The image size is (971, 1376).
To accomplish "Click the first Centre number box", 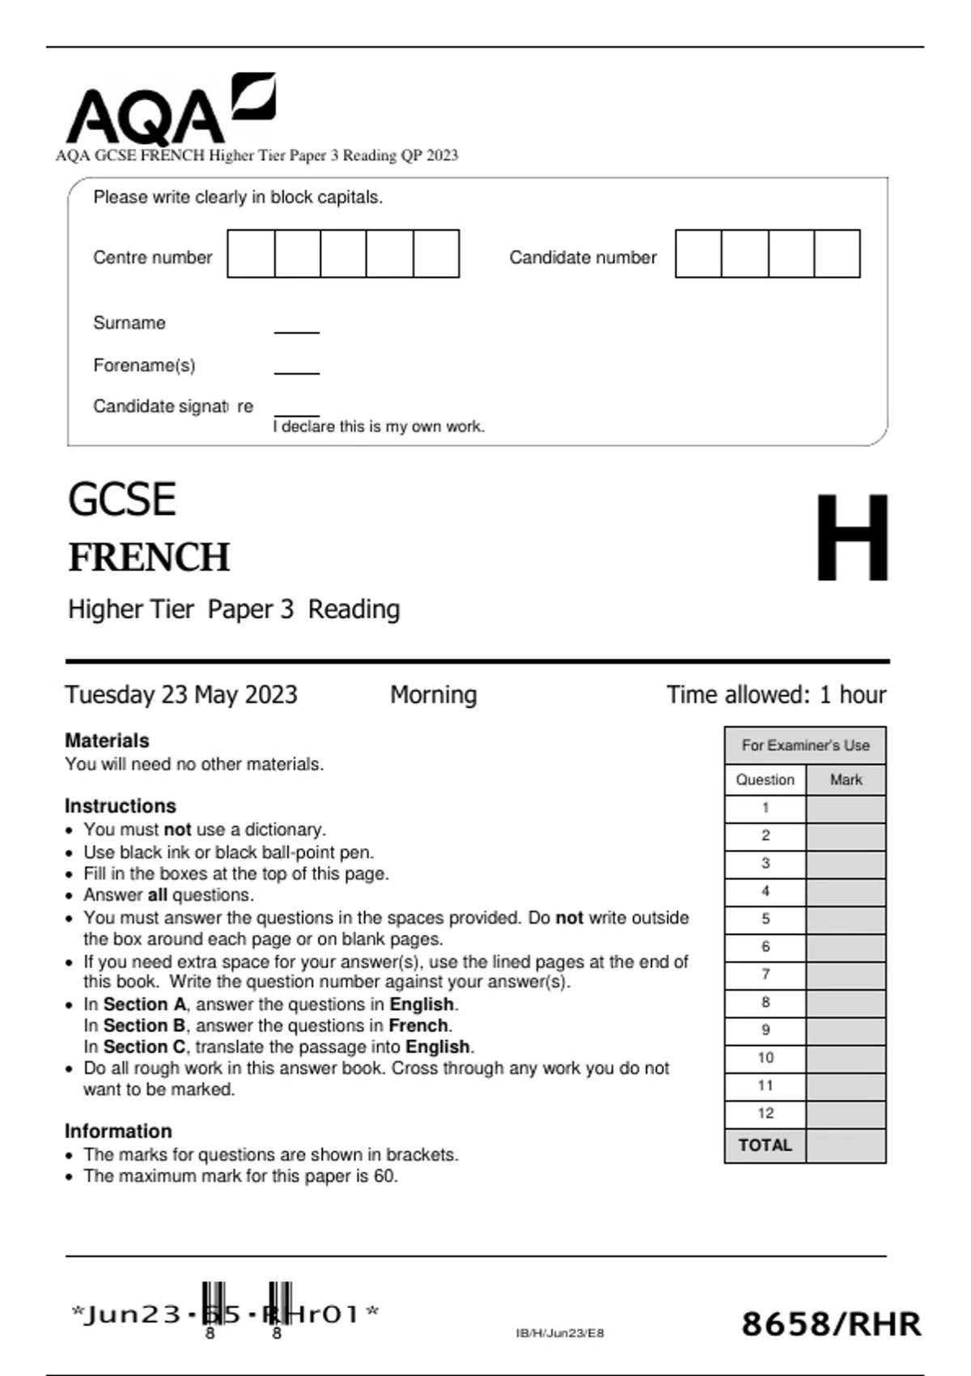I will (251, 254).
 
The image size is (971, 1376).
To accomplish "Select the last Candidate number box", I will (837, 254).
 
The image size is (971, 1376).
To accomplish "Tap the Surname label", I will (129, 323).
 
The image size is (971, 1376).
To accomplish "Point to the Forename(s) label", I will (144, 365).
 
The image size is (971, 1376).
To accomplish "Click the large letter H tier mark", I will (851, 537).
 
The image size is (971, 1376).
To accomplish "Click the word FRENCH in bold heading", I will (150, 558).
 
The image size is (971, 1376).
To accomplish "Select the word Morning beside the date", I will (434, 694).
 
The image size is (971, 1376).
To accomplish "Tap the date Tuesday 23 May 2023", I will (181, 694).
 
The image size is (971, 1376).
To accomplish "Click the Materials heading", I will (107, 741).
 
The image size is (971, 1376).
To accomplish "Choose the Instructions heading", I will (121, 806).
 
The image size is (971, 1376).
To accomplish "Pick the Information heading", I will (118, 1131).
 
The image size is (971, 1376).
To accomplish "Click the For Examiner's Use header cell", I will (805, 745).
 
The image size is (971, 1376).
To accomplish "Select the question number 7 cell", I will (765, 975).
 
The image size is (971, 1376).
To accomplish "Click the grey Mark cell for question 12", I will (846, 1114).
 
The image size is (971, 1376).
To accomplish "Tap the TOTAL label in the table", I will (765, 1145).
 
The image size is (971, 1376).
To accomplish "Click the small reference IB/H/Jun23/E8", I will (560, 1333).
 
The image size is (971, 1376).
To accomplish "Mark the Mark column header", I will (846, 780).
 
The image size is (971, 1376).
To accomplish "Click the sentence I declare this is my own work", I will (379, 427).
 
